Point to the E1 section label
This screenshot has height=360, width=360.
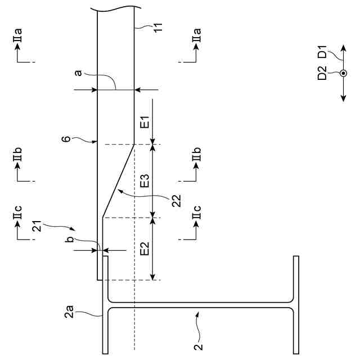point(145,122)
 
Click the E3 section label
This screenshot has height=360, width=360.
point(145,181)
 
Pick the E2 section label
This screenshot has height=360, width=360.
point(145,249)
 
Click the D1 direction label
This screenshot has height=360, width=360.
point(322,55)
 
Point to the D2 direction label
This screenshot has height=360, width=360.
point(322,73)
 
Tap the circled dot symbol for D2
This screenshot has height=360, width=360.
point(343,73)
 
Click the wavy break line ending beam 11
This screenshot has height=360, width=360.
point(115,9)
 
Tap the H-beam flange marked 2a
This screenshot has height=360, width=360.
point(106,304)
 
